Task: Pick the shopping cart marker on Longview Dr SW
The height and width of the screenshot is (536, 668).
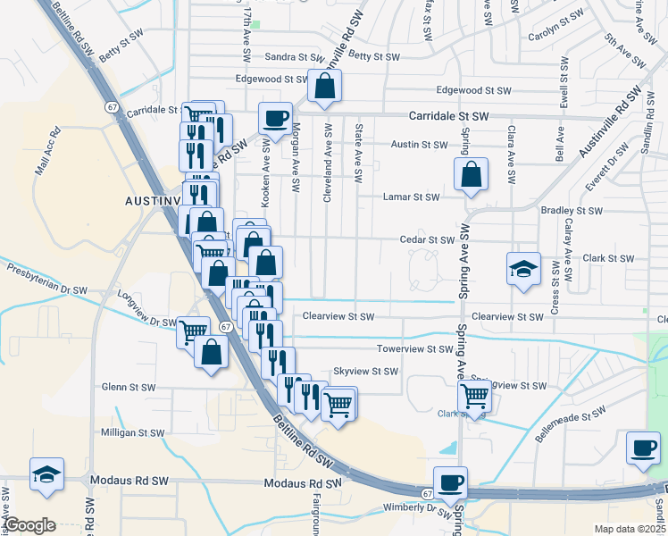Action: pos(194,332)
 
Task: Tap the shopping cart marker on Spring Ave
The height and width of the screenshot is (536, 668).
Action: pos(474,396)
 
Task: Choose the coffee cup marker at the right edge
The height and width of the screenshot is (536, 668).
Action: pos(643,448)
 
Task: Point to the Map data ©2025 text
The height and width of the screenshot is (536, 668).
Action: pos(629,529)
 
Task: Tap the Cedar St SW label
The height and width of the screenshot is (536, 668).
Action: pos(428,239)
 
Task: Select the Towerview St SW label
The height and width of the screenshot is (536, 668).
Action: pos(414,349)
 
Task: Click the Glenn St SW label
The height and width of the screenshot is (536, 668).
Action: pos(129,387)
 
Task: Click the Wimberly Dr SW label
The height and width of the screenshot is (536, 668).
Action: pos(418,507)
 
